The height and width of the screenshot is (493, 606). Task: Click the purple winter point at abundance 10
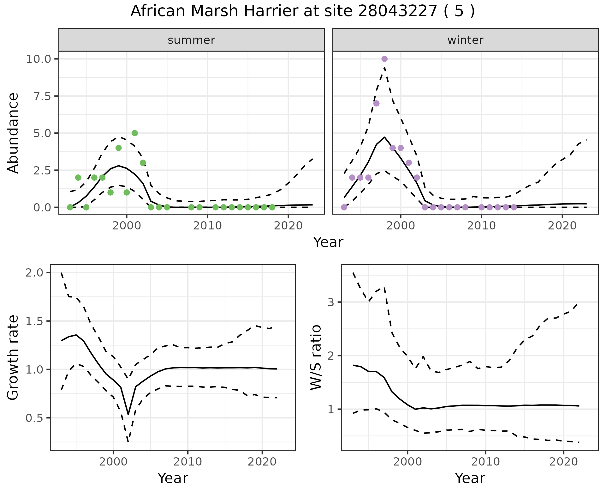[384, 59]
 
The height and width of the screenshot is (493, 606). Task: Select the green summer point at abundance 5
[135, 133]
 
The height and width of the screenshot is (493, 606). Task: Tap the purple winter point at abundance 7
[376, 103]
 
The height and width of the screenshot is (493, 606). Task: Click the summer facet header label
[191, 40]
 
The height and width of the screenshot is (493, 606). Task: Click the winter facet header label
[465, 40]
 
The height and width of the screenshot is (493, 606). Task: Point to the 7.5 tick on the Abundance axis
[42, 96]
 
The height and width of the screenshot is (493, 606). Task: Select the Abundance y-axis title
[13, 133]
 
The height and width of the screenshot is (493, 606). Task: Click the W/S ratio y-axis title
[316, 357]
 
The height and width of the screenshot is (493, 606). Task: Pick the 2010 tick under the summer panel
[207, 226]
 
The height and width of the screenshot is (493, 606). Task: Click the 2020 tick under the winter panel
[562, 226]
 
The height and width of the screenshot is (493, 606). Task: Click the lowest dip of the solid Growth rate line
[128, 414]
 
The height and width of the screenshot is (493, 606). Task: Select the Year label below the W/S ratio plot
[470, 478]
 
